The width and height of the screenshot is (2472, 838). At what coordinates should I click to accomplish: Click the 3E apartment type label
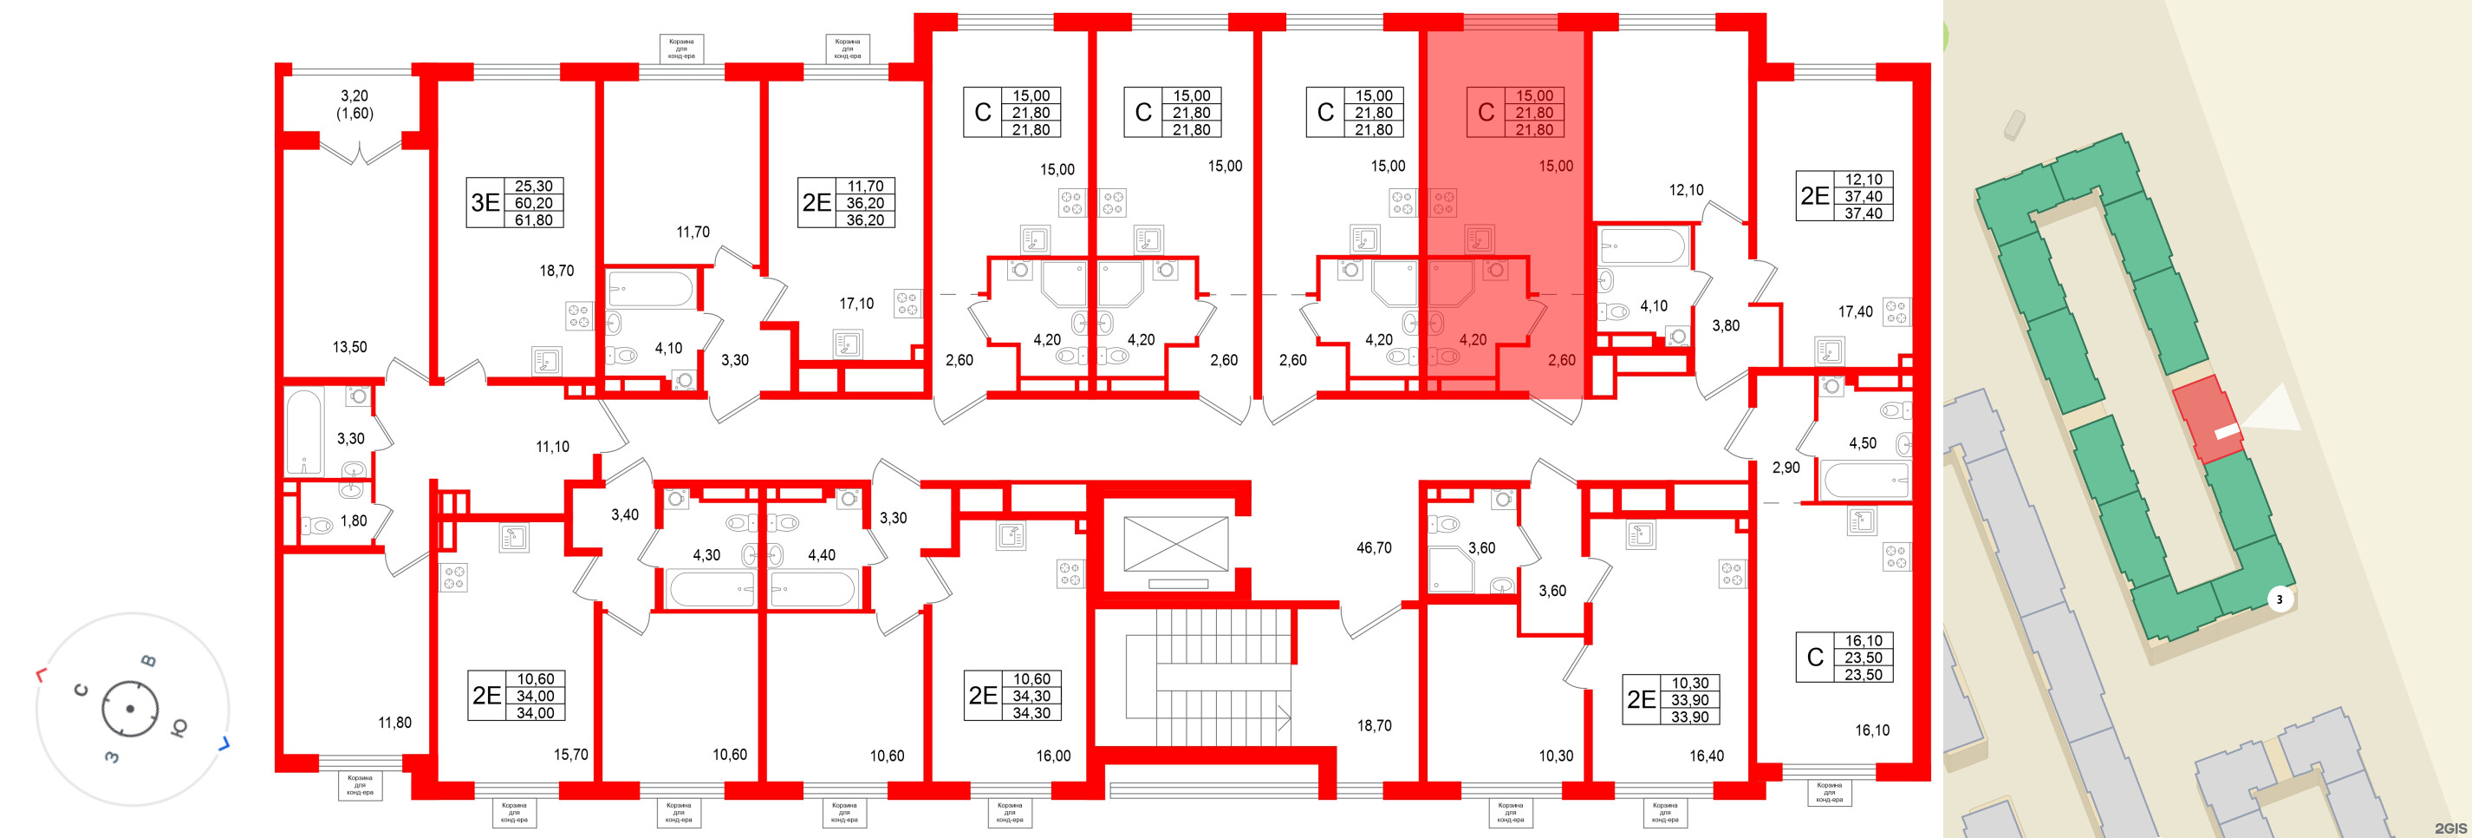point(485,202)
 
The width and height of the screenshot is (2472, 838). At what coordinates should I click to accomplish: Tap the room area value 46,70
point(1373,548)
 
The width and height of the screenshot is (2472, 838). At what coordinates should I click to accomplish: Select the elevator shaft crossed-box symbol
point(1175,546)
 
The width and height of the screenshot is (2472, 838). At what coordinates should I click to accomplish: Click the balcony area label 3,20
point(355,96)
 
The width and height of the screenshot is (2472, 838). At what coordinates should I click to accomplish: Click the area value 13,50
point(349,348)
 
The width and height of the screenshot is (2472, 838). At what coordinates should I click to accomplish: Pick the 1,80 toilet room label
point(353,521)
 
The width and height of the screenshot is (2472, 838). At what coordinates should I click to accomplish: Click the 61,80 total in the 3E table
point(534,219)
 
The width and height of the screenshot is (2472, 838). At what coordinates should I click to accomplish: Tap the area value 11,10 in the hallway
point(552,447)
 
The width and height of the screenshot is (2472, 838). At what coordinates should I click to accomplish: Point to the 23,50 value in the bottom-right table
point(1863,658)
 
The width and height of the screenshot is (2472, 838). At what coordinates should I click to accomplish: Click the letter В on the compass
point(149,660)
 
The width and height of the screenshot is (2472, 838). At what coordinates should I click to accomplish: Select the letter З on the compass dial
point(113,756)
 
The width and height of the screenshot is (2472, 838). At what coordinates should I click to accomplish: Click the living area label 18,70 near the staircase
point(1374,726)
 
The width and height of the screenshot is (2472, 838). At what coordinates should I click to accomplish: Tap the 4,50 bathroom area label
point(1863,443)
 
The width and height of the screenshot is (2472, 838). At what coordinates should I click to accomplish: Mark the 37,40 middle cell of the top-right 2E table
point(1863,197)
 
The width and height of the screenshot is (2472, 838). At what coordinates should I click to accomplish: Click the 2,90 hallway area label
point(1786,468)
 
